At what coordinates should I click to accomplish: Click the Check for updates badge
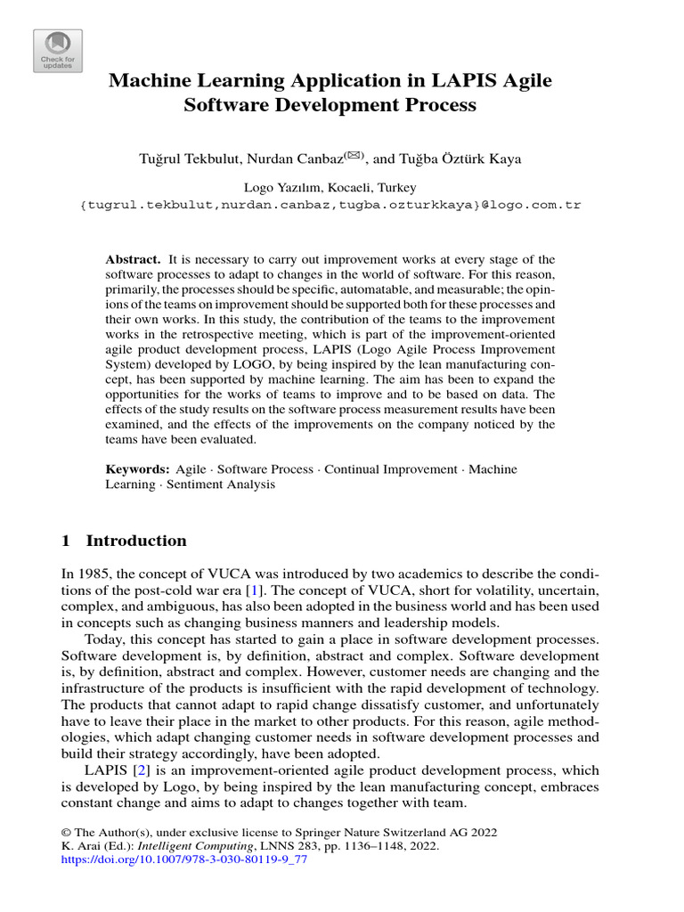coord(58,51)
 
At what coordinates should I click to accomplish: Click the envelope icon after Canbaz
coord(329,156)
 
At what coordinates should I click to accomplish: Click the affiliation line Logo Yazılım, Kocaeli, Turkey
coord(330,188)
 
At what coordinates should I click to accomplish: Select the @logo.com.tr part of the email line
coord(532,205)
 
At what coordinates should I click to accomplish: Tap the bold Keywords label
coord(137,469)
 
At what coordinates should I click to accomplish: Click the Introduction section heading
coord(136,541)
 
